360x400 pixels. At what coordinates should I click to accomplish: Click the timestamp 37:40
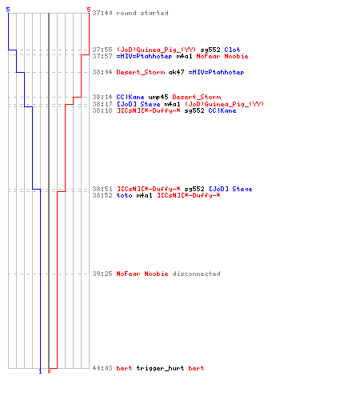click(102, 13)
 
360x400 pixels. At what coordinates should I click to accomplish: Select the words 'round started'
click(142, 13)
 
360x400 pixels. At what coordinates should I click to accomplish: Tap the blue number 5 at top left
click(8, 10)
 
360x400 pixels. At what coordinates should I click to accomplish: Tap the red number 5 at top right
click(89, 10)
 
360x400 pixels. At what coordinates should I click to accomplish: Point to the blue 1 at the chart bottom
click(40, 371)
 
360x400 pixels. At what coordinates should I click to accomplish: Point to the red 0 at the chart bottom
click(49, 371)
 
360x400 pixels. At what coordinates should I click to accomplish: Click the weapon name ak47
click(176, 72)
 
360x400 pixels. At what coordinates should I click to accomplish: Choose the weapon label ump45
click(158, 97)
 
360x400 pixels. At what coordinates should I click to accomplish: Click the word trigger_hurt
click(160, 368)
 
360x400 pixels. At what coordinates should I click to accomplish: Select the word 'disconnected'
click(196, 274)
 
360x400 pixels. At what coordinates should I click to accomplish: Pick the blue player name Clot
click(232, 50)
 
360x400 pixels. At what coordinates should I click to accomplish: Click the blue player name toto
click(124, 195)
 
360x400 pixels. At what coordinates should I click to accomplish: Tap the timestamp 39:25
click(102, 274)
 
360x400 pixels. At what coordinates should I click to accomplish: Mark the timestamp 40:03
click(102, 368)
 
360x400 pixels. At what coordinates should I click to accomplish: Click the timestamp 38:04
click(102, 72)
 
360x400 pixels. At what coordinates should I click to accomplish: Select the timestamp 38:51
click(102, 189)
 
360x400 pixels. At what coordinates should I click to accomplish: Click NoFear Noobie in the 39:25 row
click(142, 274)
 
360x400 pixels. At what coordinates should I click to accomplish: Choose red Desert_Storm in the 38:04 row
click(141, 72)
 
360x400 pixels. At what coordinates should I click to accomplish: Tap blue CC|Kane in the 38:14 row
click(130, 97)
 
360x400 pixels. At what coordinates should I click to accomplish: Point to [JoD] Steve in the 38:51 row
click(230, 189)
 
